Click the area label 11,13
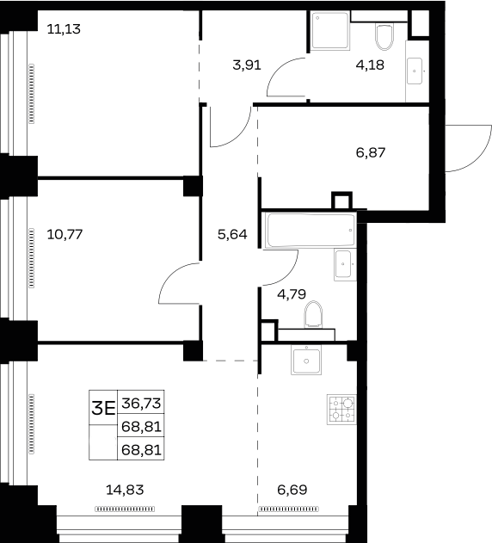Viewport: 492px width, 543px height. pyautogui.click(x=64, y=29)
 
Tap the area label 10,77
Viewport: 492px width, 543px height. pyautogui.click(x=65, y=234)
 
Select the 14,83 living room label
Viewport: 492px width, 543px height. pyautogui.click(x=125, y=490)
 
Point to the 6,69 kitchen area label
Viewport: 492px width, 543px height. pyautogui.click(x=292, y=490)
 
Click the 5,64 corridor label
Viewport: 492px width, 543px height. pyautogui.click(x=232, y=234)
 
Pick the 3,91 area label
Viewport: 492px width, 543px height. pyautogui.click(x=247, y=65)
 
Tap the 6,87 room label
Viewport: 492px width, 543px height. pyautogui.click(x=371, y=152)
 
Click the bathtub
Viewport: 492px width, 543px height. pyautogui.click(x=311, y=230)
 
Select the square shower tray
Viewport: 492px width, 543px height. pyautogui.click(x=330, y=31)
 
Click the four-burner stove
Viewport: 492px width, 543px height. pyautogui.click(x=341, y=410)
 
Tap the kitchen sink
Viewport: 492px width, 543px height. pyautogui.click(x=306, y=361)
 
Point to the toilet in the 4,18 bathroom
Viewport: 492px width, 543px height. pyautogui.click(x=384, y=37)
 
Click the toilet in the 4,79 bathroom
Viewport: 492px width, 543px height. pyautogui.click(x=313, y=314)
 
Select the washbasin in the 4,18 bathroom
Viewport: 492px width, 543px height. pyautogui.click(x=415, y=71)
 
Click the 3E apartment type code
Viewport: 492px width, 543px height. pyautogui.click(x=103, y=409)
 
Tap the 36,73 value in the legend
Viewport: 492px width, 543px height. pyautogui.click(x=141, y=403)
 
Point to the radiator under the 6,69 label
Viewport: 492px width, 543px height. pyautogui.click(x=288, y=509)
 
